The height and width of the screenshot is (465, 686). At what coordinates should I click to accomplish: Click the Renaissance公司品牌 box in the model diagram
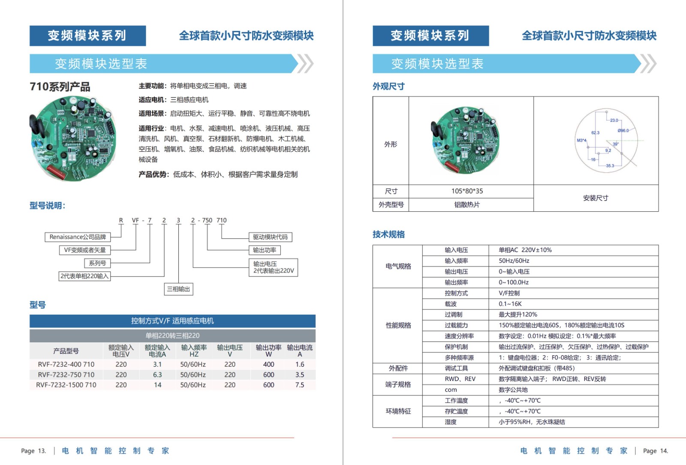(x=78, y=237)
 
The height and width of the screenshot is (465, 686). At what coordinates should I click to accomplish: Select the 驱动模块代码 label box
(x=270, y=237)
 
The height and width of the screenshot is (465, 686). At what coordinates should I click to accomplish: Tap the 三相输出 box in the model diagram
(x=178, y=289)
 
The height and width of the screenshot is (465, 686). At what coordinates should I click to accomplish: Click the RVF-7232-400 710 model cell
(x=66, y=364)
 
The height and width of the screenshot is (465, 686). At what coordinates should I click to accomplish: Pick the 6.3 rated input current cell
(x=157, y=375)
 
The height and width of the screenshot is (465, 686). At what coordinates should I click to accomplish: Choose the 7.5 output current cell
(x=300, y=385)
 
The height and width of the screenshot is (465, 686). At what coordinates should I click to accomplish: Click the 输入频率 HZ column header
(x=194, y=351)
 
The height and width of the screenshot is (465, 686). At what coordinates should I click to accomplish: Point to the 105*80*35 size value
(x=467, y=191)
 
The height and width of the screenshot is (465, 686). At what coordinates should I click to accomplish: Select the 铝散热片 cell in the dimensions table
(x=467, y=205)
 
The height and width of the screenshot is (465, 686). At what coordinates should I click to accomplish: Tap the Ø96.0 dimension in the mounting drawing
(x=623, y=130)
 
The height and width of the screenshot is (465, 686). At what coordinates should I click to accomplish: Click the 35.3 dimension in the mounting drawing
(x=610, y=165)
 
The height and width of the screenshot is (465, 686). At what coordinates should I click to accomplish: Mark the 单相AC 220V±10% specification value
(x=525, y=250)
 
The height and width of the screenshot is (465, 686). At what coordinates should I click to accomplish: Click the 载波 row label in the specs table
(x=451, y=304)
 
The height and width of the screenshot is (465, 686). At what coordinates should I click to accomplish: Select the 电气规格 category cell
(x=398, y=266)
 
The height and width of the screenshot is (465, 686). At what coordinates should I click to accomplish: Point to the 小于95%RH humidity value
(x=532, y=422)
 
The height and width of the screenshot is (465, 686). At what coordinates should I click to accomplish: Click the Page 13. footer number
(x=33, y=451)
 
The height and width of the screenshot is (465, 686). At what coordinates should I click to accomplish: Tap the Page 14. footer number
(x=655, y=451)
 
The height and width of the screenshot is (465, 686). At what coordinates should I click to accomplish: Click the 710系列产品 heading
(x=60, y=87)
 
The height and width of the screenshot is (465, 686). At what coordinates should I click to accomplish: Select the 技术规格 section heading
(x=388, y=234)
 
